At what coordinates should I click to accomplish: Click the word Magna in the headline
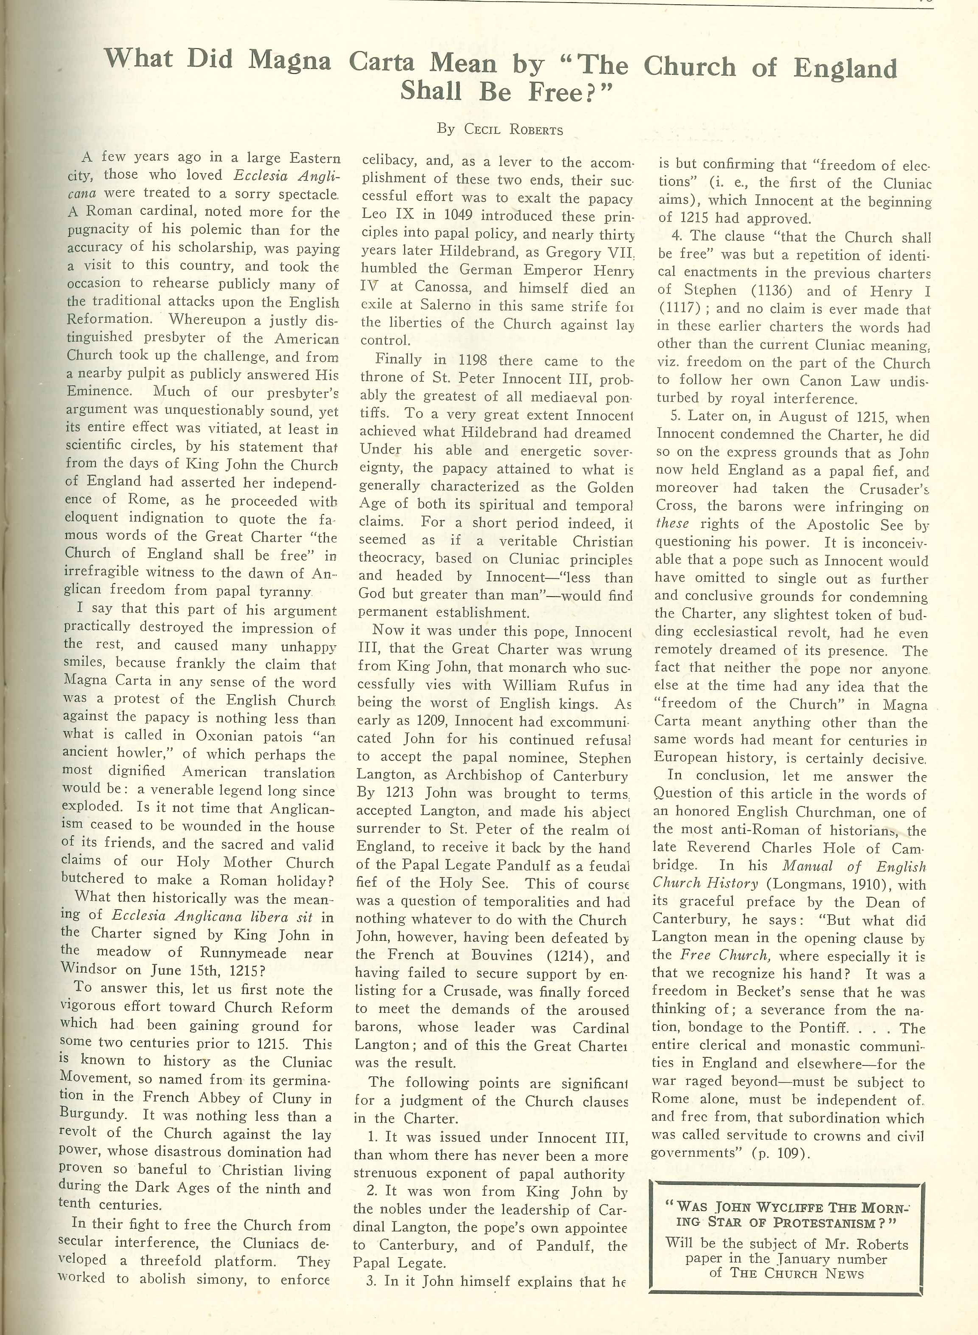(289, 60)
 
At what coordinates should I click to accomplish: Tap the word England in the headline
(845, 69)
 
